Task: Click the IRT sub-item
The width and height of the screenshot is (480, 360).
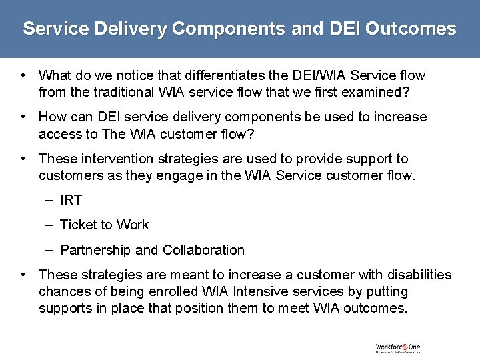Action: coord(71,200)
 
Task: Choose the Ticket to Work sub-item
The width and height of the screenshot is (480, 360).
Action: coord(104,225)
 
